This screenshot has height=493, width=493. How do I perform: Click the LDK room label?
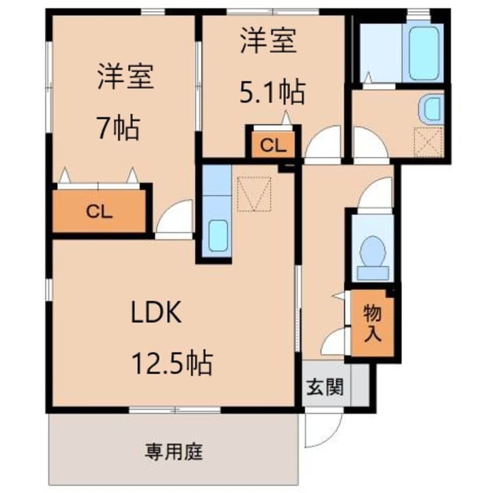tap(156, 312)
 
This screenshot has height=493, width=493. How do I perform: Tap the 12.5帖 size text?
tap(172, 363)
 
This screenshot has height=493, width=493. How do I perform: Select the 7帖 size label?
tap(118, 128)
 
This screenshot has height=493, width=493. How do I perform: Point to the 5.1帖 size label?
tap(272, 92)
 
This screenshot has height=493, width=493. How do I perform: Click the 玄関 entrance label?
tap(325, 387)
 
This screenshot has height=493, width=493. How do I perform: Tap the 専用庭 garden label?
tap(174, 452)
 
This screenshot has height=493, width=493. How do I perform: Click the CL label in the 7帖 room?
tap(99, 212)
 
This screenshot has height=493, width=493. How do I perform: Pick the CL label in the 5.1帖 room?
tap(273, 146)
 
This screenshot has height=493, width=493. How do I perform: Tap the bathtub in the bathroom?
tap(424, 53)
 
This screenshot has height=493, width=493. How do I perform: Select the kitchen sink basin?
tap(218, 235)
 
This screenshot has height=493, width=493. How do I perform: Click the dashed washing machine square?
tap(428, 142)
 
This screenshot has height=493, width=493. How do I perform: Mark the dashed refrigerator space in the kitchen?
tap(254, 194)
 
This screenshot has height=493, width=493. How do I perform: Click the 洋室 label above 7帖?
tap(125, 76)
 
